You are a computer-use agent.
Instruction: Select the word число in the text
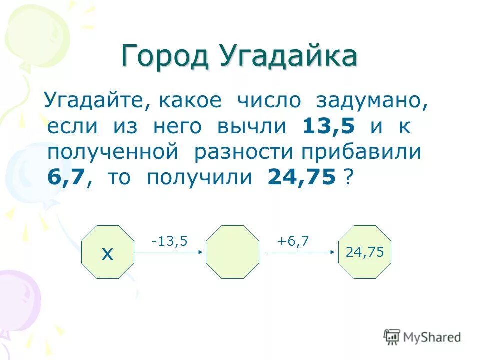(269, 101)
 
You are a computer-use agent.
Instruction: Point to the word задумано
(372, 101)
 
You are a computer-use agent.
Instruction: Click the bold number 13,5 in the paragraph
(329, 127)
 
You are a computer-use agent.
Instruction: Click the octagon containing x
(108, 252)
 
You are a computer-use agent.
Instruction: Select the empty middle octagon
(233, 252)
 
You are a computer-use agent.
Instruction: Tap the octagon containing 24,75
(365, 252)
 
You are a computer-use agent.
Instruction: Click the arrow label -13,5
(170, 241)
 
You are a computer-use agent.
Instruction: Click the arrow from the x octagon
(169, 252)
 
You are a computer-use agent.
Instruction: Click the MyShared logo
(423, 337)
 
